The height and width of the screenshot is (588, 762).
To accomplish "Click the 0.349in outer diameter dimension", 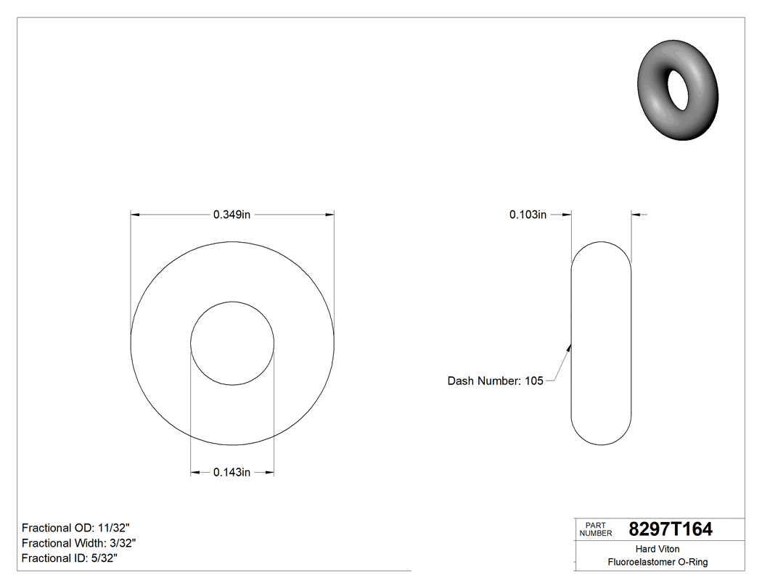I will click(x=232, y=215).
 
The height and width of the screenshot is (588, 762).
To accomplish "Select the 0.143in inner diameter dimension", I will click(x=232, y=473).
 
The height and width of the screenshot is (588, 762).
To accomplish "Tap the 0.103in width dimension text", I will click(x=528, y=215).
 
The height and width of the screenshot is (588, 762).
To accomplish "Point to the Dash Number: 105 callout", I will click(x=495, y=381).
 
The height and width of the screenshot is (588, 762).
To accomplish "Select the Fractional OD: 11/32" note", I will click(x=76, y=528).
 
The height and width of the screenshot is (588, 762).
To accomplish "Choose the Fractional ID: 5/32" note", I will click(x=70, y=558).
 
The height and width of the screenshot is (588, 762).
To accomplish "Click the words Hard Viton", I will click(x=657, y=549).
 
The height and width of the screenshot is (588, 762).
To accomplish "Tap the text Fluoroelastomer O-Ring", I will click(x=657, y=562).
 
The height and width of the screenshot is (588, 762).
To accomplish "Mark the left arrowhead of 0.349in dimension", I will click(x=135, y=215).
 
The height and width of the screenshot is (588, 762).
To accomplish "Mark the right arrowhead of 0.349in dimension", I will click(x=329, y=215).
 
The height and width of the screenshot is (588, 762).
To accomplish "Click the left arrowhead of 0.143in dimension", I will click(x=194, y=473).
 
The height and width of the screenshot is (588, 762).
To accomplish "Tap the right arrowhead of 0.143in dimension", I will click(x=270, y=473).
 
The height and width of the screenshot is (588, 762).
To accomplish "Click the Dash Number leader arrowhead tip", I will click(x=571, y=344).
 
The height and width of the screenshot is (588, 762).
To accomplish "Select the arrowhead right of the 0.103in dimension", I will click(x=636, y=215).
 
